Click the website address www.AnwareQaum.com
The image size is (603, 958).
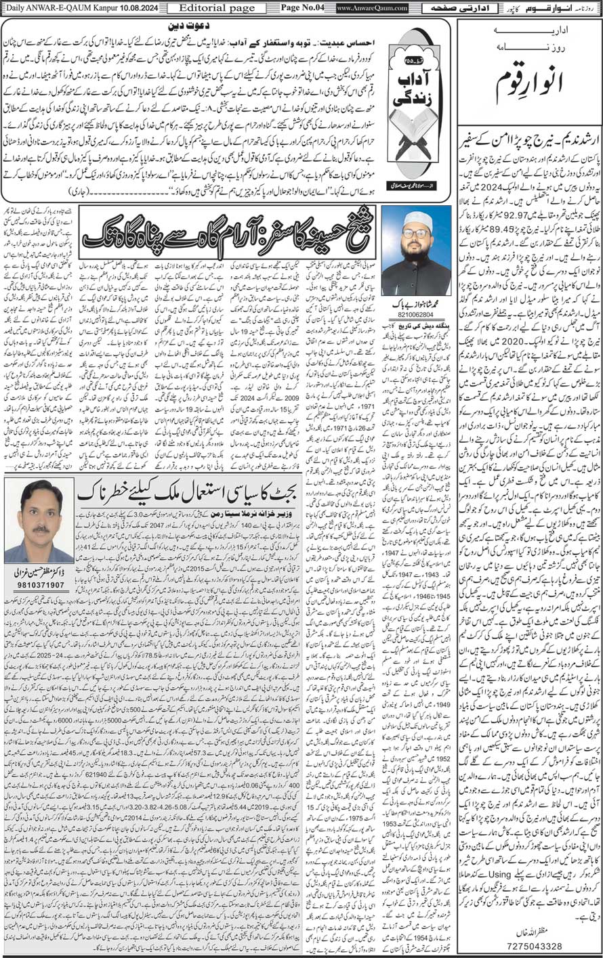pyautogui.click(x=372, y=7)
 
